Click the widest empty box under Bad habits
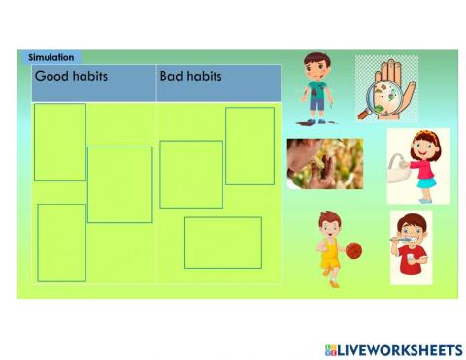pyautogui.click(x=222, y=243)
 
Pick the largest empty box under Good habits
pyautogui.click(x=119, y=184)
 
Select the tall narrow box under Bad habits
pyautogui.click(x=250, y=146)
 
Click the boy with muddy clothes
pyautogui.click(x=316, y=88)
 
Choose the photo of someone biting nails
pyautogui.click(x=324, y=163)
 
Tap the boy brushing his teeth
pyautogui.click(x=412, y=246)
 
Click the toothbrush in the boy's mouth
pyautogui.click(x=401, y=237)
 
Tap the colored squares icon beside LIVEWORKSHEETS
pyautogui.click(x=331, y=349)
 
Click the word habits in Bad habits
pyautogui.click(x=206, y=76)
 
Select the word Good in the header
pyautogui.click(x=51, y=76)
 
